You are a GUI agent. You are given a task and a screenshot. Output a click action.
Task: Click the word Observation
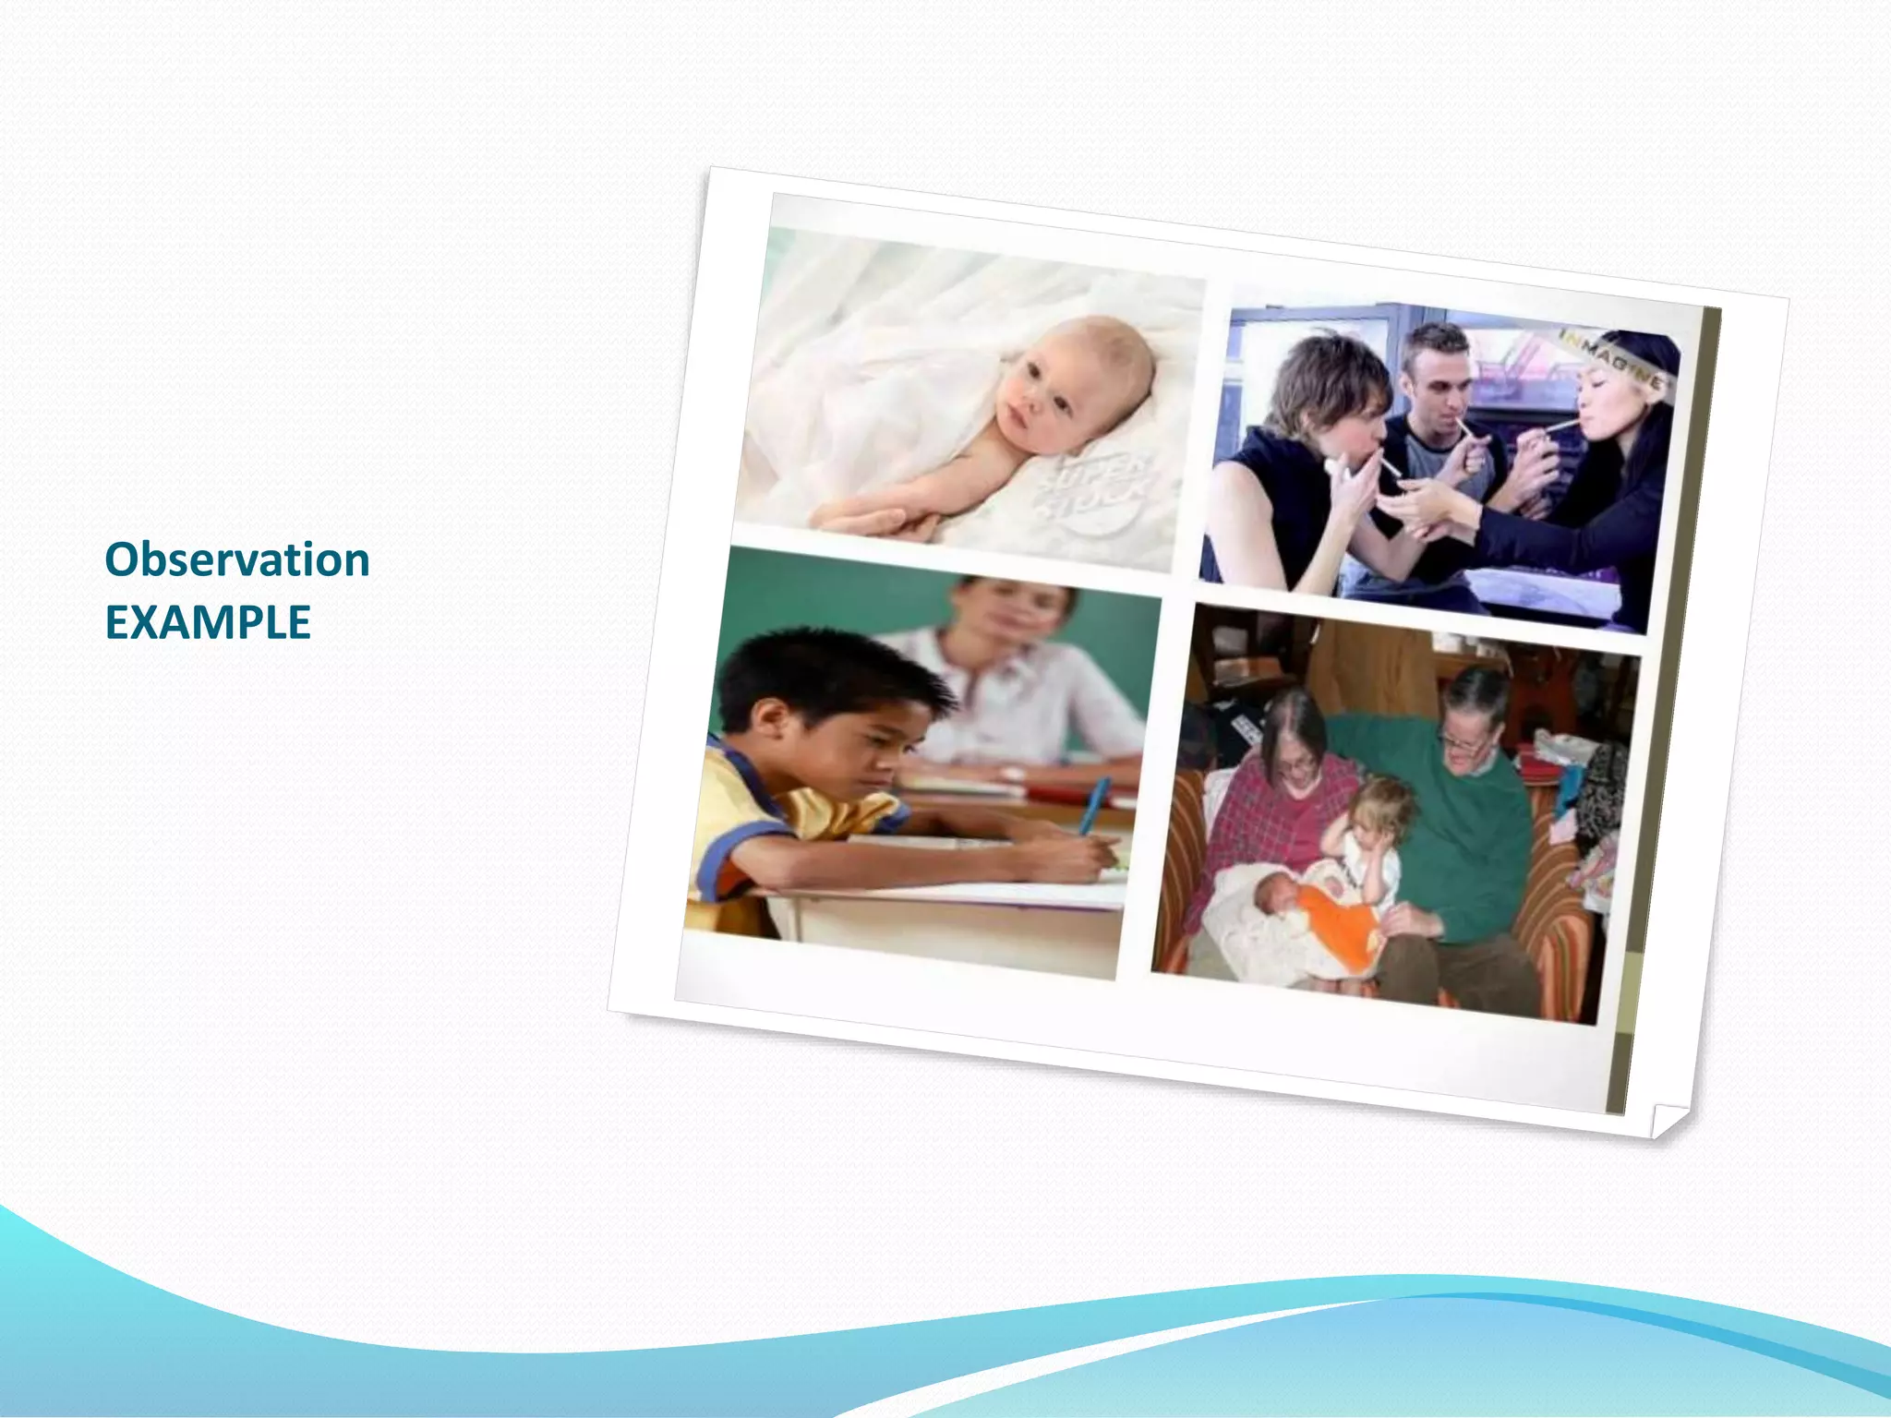237,560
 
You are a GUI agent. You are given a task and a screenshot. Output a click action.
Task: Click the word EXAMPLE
208,623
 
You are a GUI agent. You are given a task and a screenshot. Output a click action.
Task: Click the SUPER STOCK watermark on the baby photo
1099,489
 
